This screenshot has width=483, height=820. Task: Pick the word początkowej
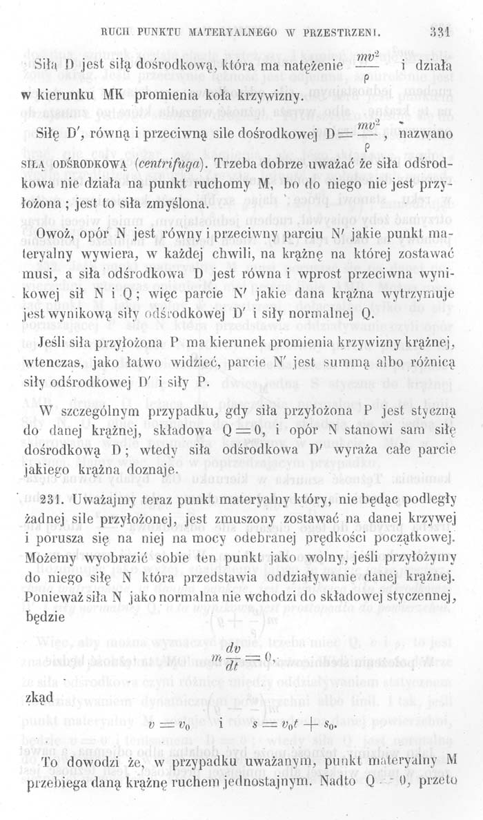point(410,538)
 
